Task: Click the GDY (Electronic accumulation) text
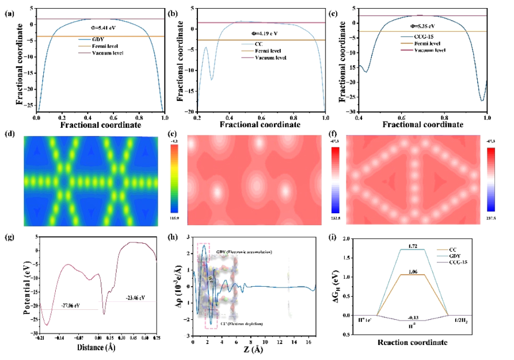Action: (248, 253)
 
